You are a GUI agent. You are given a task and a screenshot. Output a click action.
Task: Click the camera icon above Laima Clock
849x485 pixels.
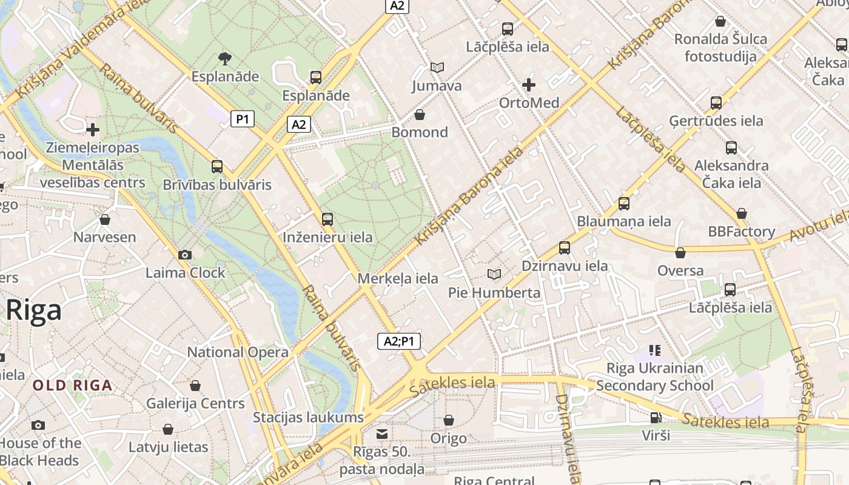pyautogui.click(x=185, y=255)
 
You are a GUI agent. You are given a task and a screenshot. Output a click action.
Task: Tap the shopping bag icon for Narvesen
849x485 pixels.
pyautogui.click(x=105, y=219)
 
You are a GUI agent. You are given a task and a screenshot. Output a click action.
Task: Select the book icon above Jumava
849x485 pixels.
pyautogui.click(x=437, y=68)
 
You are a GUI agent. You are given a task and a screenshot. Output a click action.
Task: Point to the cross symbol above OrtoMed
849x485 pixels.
pyautogui.click(x=529, y=85)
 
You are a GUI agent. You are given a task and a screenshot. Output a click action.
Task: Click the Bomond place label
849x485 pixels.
pyautogui.click(x=420, y=132)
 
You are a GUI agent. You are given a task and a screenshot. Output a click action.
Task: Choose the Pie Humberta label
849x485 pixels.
pyautogui.click(x=494, y=293)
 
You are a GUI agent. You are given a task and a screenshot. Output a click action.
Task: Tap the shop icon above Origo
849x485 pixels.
pyautogui.click(x=449, y=420)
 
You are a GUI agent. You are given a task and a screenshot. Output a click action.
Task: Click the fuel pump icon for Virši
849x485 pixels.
pyautogui.click(x=656, y=417)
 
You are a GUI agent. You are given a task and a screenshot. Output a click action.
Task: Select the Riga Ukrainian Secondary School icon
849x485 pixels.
pyautogui.click(x=655, y=350)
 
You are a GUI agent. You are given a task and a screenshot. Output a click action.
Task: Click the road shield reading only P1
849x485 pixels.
pyautogui.click(x=243, y=119)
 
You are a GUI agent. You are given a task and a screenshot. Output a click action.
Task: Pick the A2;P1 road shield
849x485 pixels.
pyautogui.click(x=399, y=341)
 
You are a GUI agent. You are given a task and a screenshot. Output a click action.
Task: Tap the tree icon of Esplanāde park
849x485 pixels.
pyautogui.click(x=225, y=59)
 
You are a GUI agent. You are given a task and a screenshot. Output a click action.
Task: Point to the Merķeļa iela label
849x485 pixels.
pyautogui.click(x=398, y=279)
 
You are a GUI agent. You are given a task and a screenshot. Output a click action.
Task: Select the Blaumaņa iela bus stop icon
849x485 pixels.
pyautogui.click(x=624, y=204)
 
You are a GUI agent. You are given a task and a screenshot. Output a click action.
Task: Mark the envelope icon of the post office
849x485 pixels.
pyautogui.click(x=382, y=434)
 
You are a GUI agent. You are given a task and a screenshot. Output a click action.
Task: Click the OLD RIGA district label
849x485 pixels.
pyautogui.click(x=72, y=385)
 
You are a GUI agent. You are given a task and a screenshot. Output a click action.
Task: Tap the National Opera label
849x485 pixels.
pyautogui.click(x=238, y=352)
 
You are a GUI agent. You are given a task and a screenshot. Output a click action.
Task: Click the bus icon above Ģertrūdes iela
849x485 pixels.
pyautogui.click(x=716, y=103)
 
